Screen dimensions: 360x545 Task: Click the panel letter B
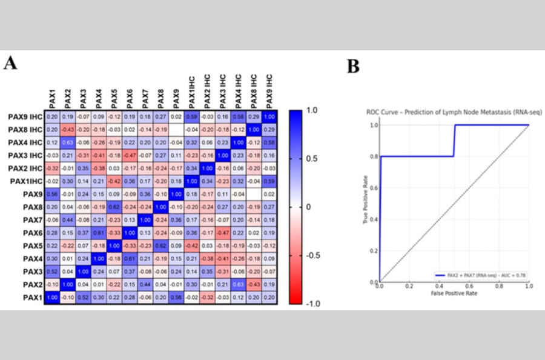pos(352,66)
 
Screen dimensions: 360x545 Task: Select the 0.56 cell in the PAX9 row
pos(53,194)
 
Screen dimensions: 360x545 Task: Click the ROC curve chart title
pos(454,112)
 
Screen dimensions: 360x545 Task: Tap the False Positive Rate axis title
pos(454,293)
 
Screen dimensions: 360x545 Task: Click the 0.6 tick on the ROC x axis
pos(469,285)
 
